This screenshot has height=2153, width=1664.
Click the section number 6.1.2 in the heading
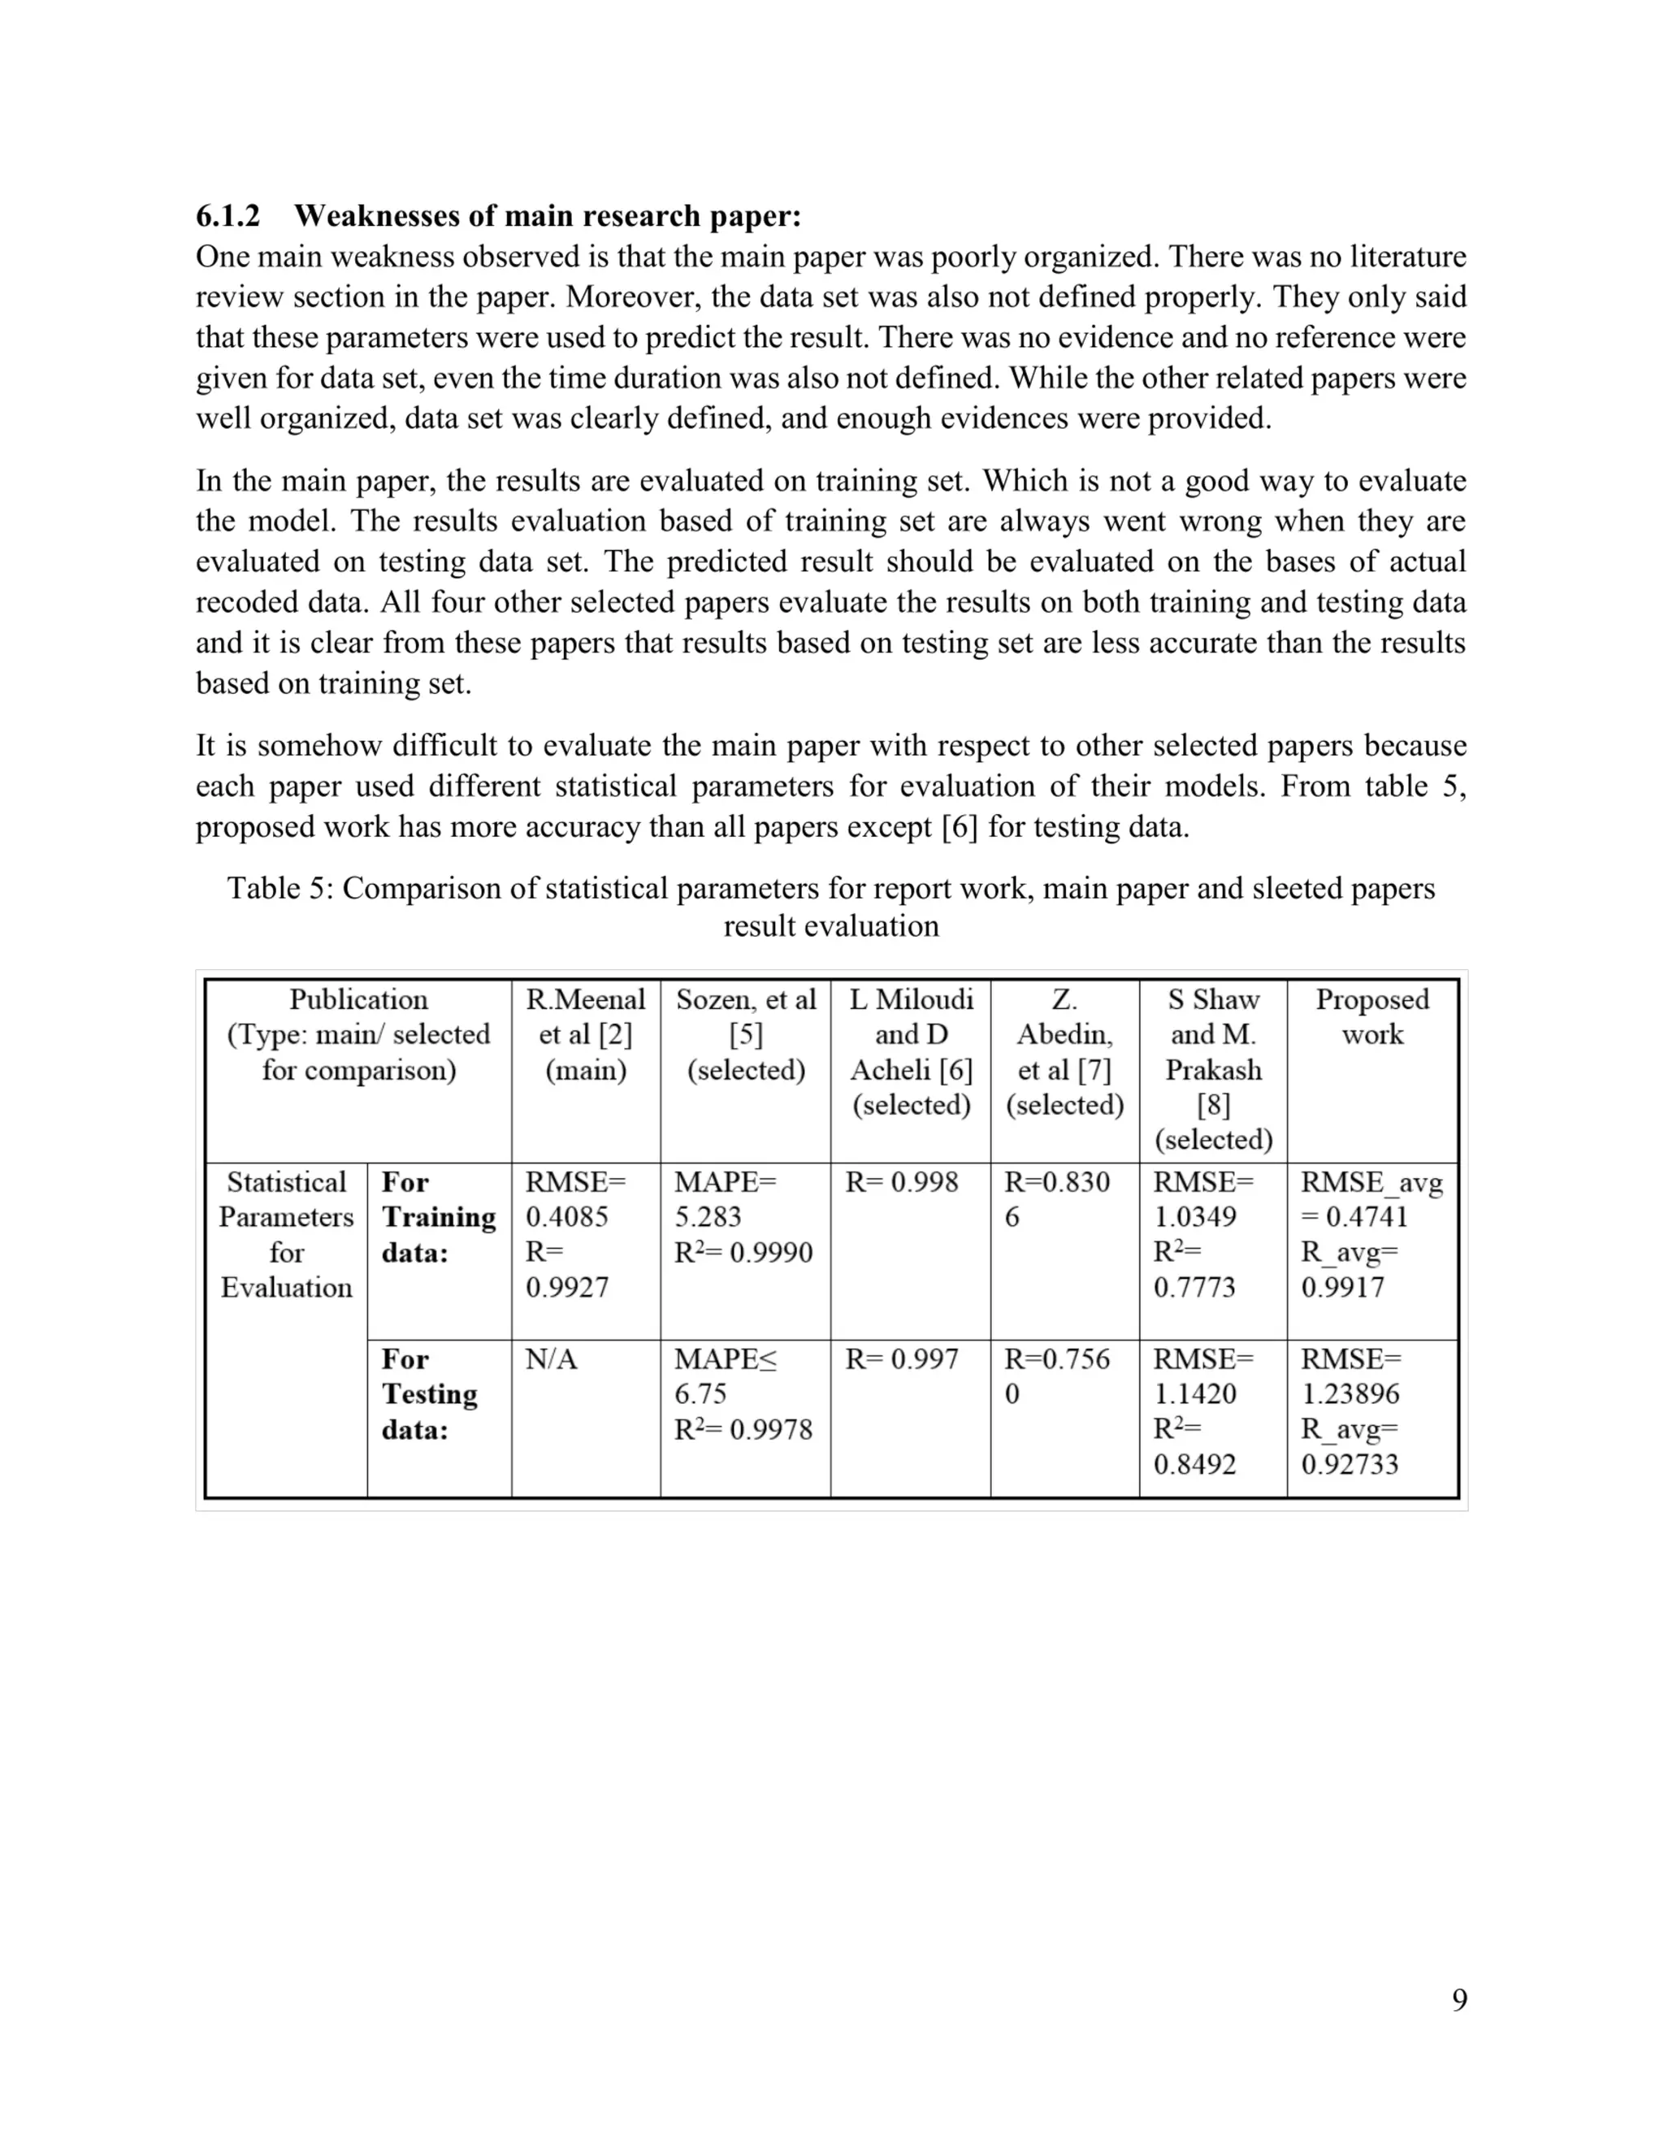pyautogui.click(x=227, y=215)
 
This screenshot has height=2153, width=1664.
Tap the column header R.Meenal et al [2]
pyautogui.click(x=586, y=1034)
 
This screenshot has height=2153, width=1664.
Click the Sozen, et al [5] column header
pyautogui.click(x=745, y=1034)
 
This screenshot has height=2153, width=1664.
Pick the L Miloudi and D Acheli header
pyautogui.click(x=911, y=1052)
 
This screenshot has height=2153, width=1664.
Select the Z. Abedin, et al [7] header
pyautogui.click(x=1064, y=1052)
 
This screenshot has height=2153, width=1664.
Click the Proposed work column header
pyautogui.click(x=1372, y=1016)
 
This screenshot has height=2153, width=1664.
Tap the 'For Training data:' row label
pyautogui.click(x=438, y=1216)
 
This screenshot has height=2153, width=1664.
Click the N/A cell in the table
pyautogui.click(x=551, y=1359)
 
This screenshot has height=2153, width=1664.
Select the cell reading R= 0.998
pyautogui.click(x=901, y=1182)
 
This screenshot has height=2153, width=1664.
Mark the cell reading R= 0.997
pyautogui.click(x=901, y=1359)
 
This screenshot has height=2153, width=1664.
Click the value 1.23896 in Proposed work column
pyautogui.click(x=1350, y=1394)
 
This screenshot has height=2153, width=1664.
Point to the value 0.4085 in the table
pyautogui.click(x=567, y=1216)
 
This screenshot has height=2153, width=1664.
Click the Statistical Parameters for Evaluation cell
pyautogui.click(x=286, y=1234)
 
